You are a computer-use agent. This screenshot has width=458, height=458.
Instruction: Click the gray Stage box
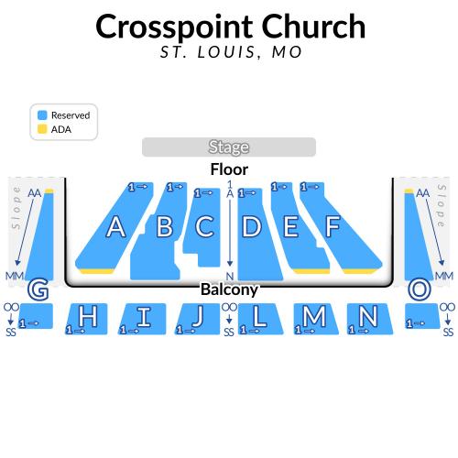229,147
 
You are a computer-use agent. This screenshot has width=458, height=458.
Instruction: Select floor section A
114,227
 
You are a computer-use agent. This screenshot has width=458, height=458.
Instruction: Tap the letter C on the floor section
204,226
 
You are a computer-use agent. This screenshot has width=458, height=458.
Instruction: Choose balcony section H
87,319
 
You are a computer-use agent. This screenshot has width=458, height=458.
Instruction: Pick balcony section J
198,319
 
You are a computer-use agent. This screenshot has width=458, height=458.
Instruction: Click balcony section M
316,319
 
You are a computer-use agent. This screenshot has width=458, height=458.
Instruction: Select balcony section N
370,319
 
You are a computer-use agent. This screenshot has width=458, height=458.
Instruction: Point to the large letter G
38,289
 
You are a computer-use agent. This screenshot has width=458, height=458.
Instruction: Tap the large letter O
420,289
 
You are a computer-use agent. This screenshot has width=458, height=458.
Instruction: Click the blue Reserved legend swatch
42,115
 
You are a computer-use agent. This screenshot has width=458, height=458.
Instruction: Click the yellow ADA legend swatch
42,129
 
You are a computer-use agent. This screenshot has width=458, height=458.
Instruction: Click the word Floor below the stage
229,169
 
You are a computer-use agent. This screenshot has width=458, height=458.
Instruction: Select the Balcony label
229,289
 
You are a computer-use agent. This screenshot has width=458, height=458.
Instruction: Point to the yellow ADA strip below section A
96,271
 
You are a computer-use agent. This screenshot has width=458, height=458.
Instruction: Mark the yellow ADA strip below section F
359,271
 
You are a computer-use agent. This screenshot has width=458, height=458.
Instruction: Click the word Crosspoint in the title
174,27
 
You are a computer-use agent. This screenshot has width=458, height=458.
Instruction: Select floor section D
259,234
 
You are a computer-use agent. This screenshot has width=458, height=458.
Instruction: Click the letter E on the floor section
290,226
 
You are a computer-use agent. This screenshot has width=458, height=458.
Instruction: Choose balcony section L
260,319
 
